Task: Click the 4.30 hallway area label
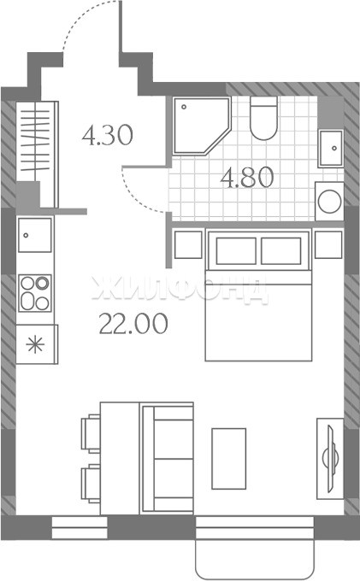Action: tap(107, 135)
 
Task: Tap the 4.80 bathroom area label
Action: tap(247, 178)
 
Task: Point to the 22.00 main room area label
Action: tap(133, 324)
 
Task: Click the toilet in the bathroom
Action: tap(263, 118)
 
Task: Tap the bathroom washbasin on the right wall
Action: tap(331, 148)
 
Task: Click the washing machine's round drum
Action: tap(329, 201)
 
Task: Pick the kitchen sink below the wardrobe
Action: tap(35, 235)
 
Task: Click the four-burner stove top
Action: tap(35, 293)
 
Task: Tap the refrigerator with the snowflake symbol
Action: tap(37, 344)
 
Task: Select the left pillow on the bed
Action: tap(236, 251)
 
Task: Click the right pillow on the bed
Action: tap(280, 251)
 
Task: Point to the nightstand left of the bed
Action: tap(188, 244)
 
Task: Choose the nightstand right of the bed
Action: tap(328, 244)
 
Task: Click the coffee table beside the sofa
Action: tap(229, 458)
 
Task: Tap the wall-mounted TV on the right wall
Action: tap(330, 459)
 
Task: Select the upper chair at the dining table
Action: tap(91, 433)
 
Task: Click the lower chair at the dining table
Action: tap(91, 484)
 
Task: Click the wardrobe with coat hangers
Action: tap(37, 154)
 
